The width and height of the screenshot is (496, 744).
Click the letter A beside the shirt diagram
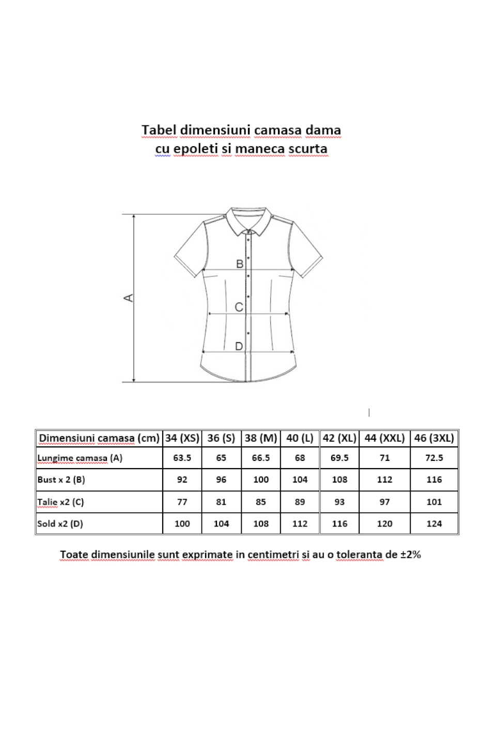pyautogui.click(x=129, y=298)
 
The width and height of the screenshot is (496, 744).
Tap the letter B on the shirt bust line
pyautogui.click(x=240, y=264)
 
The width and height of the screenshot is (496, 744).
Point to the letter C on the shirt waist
pyautogui.click(x=239, y=307)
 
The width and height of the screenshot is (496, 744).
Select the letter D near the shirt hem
pyautogui.click(x=239, y=346)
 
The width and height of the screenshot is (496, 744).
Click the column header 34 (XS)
pyautogui.click(x=182, y=438)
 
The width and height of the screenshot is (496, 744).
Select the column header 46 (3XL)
pyautogui.click(x=434, y=438)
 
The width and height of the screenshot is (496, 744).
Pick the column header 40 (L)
pyautogui.click(x=300, y=438)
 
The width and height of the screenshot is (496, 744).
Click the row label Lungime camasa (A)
pyautogui.click(x=80, y=458)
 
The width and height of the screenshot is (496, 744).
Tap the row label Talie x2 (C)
pyautogui.click(x=60, y=502)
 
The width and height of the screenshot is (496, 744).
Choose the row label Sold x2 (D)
pyautogui.click(x=60, y=523)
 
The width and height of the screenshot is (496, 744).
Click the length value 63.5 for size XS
pyautogui.click(x=182, y=458)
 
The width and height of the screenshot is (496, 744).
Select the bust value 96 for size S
pyautogui.click(x=221, y=479)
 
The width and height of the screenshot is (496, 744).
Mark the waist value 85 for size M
pyautogui.click(x=261, y=502)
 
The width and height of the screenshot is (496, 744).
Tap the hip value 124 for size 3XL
pyautogui.click(x=434, y=523)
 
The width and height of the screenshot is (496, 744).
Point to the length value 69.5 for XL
pyautogui.click(x=339, y=458)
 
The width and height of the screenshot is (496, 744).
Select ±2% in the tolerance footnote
pyautogui.click(x=411, y=554)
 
